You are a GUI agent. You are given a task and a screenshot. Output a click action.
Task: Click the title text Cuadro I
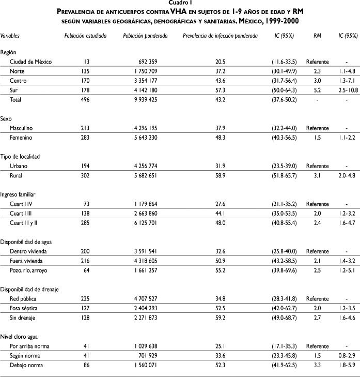point(180,3)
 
